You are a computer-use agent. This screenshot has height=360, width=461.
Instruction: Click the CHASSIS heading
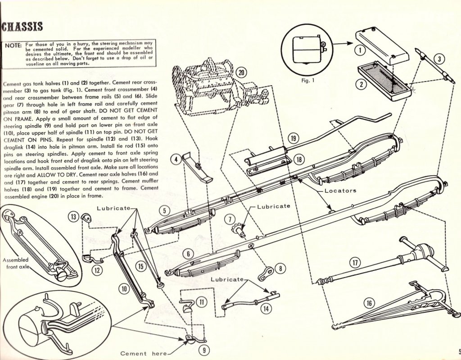(23, 26)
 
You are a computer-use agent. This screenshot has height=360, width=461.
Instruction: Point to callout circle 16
(369, 303)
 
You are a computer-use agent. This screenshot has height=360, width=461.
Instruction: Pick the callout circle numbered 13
(73, 217)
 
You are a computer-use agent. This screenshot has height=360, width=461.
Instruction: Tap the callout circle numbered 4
(177, 159)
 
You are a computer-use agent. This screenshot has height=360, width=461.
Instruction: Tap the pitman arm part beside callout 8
(267, 273)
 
